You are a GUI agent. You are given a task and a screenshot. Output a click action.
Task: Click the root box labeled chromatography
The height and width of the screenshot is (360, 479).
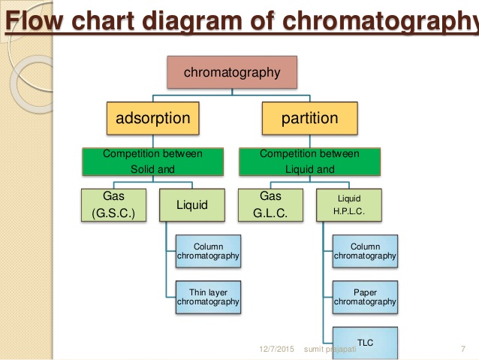232,73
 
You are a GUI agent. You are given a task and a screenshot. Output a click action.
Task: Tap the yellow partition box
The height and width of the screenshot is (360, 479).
309,118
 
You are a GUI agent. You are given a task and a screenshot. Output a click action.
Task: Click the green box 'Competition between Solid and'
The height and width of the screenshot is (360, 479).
153,161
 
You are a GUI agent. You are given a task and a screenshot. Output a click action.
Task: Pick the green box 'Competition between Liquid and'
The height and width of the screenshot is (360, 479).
309,161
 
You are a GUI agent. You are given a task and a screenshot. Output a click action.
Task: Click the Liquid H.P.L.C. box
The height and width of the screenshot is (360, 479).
349,204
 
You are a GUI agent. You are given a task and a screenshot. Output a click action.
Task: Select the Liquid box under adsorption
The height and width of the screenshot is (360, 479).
192,204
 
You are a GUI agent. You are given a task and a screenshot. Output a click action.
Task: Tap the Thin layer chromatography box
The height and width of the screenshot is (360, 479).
209,296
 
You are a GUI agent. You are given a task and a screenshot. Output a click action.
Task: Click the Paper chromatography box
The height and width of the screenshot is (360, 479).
365,296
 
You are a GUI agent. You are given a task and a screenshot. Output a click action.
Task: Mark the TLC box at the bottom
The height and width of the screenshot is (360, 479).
365,343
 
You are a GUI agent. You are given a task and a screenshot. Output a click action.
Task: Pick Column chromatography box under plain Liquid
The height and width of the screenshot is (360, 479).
209,251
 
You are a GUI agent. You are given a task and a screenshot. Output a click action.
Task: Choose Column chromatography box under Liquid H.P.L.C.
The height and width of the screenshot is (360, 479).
365,251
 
